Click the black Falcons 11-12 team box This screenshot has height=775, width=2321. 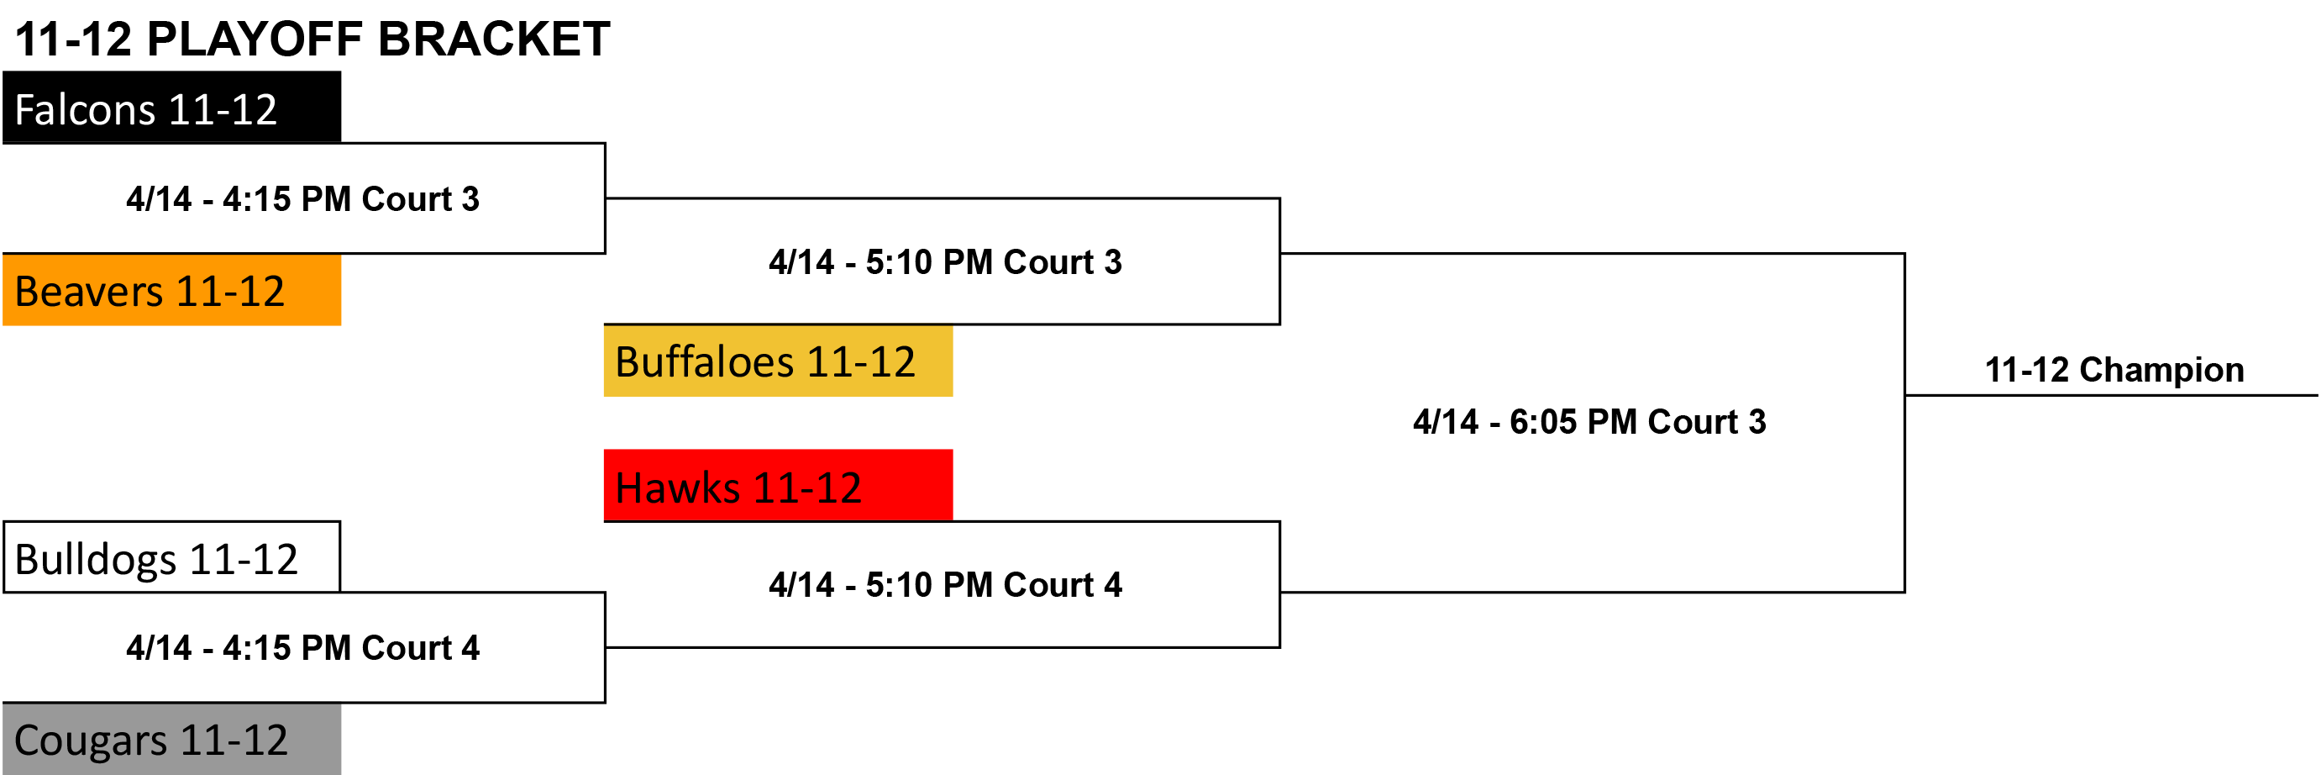(x=172, y=108)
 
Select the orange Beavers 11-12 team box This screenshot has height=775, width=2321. (x=172, y=289)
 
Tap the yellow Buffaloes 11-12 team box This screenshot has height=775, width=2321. (x=779, y=361)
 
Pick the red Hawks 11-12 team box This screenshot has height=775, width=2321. (x=779, y=485)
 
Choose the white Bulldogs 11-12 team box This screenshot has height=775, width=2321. (x=172, y=557)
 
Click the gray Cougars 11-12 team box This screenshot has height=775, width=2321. (x=172, y=739)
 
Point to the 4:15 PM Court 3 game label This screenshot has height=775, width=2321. (x=302, y=199)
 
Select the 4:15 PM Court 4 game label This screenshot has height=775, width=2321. (x=302, y=648)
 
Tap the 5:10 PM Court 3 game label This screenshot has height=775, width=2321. (x=945, y=262)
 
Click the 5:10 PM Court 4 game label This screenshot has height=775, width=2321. (x=945, y=585)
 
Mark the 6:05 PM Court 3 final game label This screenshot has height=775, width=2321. (x=1589, y=422)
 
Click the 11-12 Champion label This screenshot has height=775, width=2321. (x=2114, y=371)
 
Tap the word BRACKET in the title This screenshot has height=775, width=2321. (x=494, y=39)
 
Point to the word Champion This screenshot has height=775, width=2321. (x=2161, y=371)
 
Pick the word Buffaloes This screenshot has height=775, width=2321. (x=705, y=362)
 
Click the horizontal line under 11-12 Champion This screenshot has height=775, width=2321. (x=2112, y=395)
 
